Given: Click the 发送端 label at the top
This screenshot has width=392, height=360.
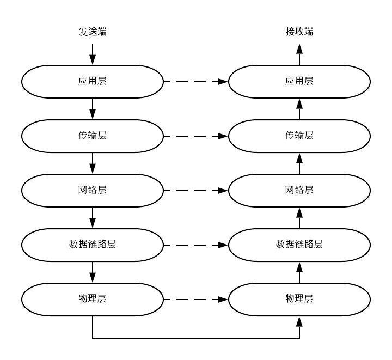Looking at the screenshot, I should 92,32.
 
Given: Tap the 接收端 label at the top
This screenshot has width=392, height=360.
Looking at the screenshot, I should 299,32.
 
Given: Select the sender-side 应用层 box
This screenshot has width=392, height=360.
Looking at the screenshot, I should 92,82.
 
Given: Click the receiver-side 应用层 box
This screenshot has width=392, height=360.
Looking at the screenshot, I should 299,82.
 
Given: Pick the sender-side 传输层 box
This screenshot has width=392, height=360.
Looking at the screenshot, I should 92,136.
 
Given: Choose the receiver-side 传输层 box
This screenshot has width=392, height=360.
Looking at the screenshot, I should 299,136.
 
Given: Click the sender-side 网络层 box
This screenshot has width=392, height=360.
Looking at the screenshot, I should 92,190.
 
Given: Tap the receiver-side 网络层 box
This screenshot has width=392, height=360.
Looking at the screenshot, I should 299,190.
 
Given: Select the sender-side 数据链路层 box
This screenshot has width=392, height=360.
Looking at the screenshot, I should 92,244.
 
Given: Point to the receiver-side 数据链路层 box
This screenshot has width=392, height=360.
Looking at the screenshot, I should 299,244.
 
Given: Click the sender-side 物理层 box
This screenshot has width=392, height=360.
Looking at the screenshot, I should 92,298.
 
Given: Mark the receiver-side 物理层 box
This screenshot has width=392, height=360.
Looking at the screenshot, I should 299,298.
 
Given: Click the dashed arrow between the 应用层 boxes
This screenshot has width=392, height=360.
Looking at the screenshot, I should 195,82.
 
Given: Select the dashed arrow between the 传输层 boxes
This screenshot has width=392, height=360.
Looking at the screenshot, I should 195,136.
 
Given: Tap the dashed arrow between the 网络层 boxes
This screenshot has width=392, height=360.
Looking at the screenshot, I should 195,190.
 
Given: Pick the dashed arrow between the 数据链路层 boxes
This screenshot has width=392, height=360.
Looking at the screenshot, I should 195,244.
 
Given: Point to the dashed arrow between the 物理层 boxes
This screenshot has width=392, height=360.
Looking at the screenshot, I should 195,298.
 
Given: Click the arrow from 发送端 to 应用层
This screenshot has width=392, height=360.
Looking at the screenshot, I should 92,53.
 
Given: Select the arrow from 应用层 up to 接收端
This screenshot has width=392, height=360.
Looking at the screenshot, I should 299,55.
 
